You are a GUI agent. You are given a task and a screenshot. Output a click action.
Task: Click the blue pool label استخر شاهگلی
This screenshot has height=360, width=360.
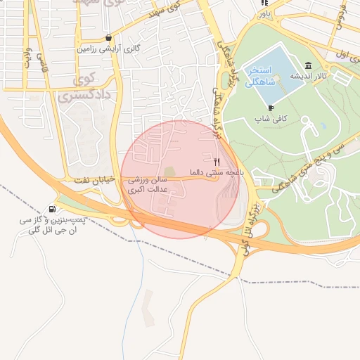coord(265,77)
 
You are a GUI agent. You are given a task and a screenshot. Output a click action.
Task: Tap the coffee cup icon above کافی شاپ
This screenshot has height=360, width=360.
coord(271,108)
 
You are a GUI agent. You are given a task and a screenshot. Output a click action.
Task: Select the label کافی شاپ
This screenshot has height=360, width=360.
coord(271,120)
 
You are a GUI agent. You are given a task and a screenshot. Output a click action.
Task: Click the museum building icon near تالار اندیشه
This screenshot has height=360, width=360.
coord(309,65)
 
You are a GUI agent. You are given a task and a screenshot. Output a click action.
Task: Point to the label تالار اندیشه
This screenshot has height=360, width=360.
coord(308,77)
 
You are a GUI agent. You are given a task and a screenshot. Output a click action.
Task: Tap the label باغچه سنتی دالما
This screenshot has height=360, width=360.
coord(215,172)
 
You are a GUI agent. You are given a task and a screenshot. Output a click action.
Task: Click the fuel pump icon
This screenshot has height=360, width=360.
coord(53,210)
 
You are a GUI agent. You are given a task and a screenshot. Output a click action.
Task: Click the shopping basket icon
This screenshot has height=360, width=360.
coord(108,38)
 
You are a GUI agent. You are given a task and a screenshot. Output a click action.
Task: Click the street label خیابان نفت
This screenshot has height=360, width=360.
coord(93,181)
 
